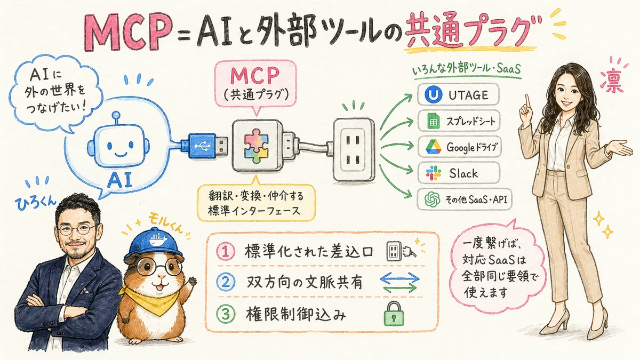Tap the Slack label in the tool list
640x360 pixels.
463,173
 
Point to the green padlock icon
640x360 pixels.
393,314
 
